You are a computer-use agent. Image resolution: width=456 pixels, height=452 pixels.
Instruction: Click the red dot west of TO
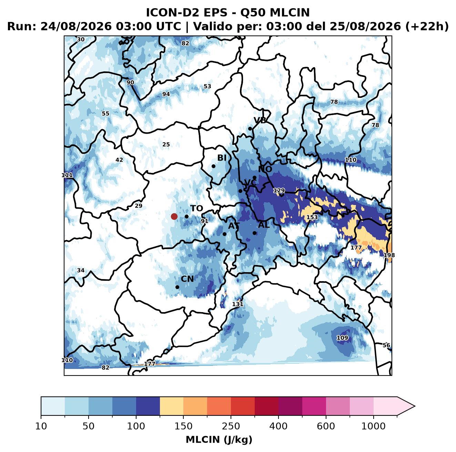[x=174, y=216]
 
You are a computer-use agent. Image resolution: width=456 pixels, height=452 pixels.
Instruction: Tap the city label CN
[x=187, y=279]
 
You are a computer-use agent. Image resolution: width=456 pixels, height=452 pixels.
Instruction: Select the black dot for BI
[x=213, y=166]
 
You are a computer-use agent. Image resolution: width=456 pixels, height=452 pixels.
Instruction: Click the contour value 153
[x=312, y=217]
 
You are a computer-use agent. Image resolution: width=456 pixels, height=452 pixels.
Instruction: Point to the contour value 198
[x=389, y=255]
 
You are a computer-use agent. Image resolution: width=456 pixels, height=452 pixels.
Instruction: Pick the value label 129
[x=279, y=191]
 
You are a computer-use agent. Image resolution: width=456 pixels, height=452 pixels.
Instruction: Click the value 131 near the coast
[x=237, y=304]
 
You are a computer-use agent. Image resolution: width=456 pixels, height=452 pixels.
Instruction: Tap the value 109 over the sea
[x=342, y=338]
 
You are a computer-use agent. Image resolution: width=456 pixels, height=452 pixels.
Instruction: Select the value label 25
[x=166, y=144]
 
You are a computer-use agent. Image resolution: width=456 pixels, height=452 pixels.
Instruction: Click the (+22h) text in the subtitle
[x=427, y=27]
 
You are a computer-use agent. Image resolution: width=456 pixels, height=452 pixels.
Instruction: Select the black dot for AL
[x=254, y=233]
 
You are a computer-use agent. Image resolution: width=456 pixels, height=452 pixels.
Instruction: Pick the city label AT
[x=234, y=226]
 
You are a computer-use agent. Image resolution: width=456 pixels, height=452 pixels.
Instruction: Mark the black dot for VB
[x=250, y=129]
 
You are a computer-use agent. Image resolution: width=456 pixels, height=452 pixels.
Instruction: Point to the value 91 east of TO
[x=204, y=221]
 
